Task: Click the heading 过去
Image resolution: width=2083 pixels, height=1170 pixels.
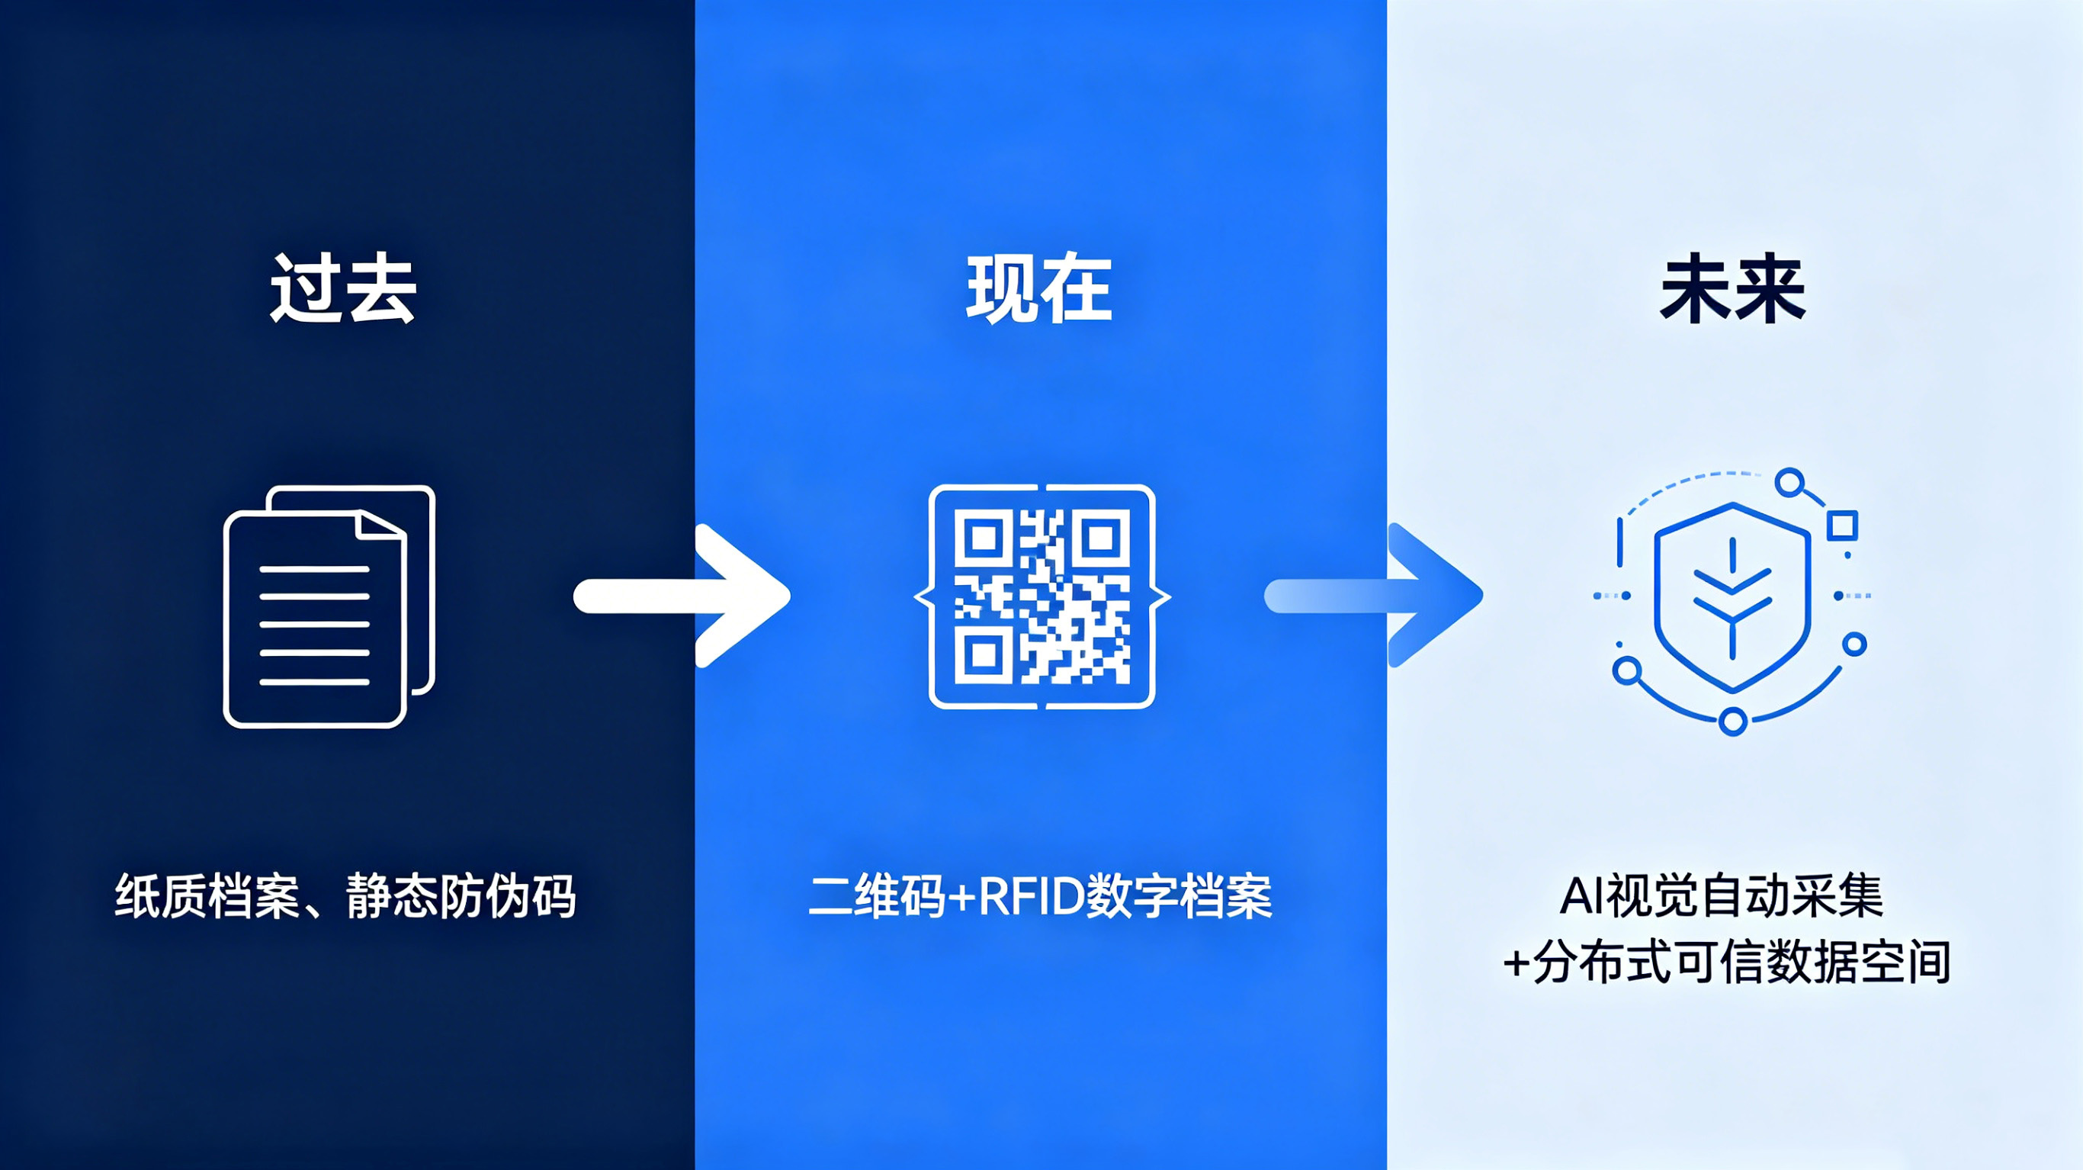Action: click(x=343, y=289)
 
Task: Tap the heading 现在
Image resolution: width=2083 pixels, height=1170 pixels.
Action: click(x=1040, y=289)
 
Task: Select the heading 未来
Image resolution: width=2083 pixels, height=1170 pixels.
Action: click(x=1733, y=289)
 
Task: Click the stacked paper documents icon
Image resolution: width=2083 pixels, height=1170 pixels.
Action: click(x=329, y=607)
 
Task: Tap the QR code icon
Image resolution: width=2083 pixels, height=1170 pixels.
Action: click(x=1042, y=596)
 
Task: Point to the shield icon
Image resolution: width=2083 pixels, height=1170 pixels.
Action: click(x=1732, y=597)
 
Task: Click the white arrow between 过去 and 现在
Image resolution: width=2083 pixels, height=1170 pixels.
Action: click(x=682, y=596)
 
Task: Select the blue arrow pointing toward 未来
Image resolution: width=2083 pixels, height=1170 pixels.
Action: click(x=1373, y=596)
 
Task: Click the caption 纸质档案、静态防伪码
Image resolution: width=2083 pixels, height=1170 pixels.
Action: click(x=345, y=896)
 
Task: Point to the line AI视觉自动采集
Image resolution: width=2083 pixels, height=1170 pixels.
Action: click(x=1722, y=896)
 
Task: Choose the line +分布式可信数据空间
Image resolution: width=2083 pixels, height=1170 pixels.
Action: click(x=1726, y=963)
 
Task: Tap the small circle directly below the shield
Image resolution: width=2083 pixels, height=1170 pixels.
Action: click(x=1732, y=720)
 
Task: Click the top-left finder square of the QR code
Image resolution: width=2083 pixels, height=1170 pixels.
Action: click(x=984, y=538)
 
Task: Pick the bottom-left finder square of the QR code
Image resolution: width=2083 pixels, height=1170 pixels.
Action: click(x=984, y=654)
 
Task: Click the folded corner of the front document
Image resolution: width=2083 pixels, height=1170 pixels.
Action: click(x=378, y=527)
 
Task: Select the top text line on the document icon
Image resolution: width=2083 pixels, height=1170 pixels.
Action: click(x=315, y=570)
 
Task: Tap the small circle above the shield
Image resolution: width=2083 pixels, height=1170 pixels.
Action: click(x=1789, y=483)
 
